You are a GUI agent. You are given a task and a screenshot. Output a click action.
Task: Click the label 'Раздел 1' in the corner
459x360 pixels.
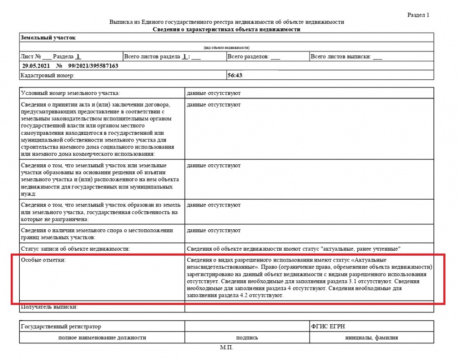click(x=418, y=15)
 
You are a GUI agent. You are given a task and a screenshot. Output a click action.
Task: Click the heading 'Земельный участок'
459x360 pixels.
click(x=48, y=38)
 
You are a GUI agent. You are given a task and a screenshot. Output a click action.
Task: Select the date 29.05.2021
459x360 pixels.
click(x=35, y=66)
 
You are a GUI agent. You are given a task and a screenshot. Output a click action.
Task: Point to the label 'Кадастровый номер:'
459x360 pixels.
click(x=48, y=76)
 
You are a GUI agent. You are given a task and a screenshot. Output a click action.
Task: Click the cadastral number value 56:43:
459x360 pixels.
click(x=235, y=76)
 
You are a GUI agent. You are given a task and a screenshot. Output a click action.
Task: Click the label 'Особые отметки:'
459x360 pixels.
click(x=43, y=260)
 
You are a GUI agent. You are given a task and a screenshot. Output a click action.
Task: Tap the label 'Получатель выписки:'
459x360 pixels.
click(x=49, y=307)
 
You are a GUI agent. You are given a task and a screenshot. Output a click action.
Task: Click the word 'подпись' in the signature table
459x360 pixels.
click(x=247, y=338)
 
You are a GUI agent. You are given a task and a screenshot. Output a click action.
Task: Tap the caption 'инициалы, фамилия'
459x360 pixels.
click(x=371, y=338)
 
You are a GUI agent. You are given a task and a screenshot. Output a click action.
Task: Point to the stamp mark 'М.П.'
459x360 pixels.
click(x=227, y=347)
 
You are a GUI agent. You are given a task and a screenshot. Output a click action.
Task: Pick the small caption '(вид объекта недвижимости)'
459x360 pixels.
click(x=226, y=47)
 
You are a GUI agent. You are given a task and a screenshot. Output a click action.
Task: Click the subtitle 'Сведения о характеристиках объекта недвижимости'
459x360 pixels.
click(x=226, y=29)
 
